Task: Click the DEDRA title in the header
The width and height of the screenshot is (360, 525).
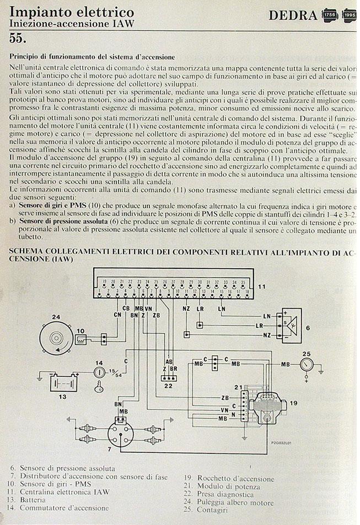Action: click(293, 15)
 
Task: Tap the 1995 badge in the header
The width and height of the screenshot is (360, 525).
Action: click(348, 15)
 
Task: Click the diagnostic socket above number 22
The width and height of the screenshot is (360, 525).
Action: click(166, 378)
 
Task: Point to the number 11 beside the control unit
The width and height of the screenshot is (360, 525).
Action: click(262, 286)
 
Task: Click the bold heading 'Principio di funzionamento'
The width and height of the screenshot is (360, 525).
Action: click(93, 56)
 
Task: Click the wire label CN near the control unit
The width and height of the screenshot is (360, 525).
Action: click(117, 315)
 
